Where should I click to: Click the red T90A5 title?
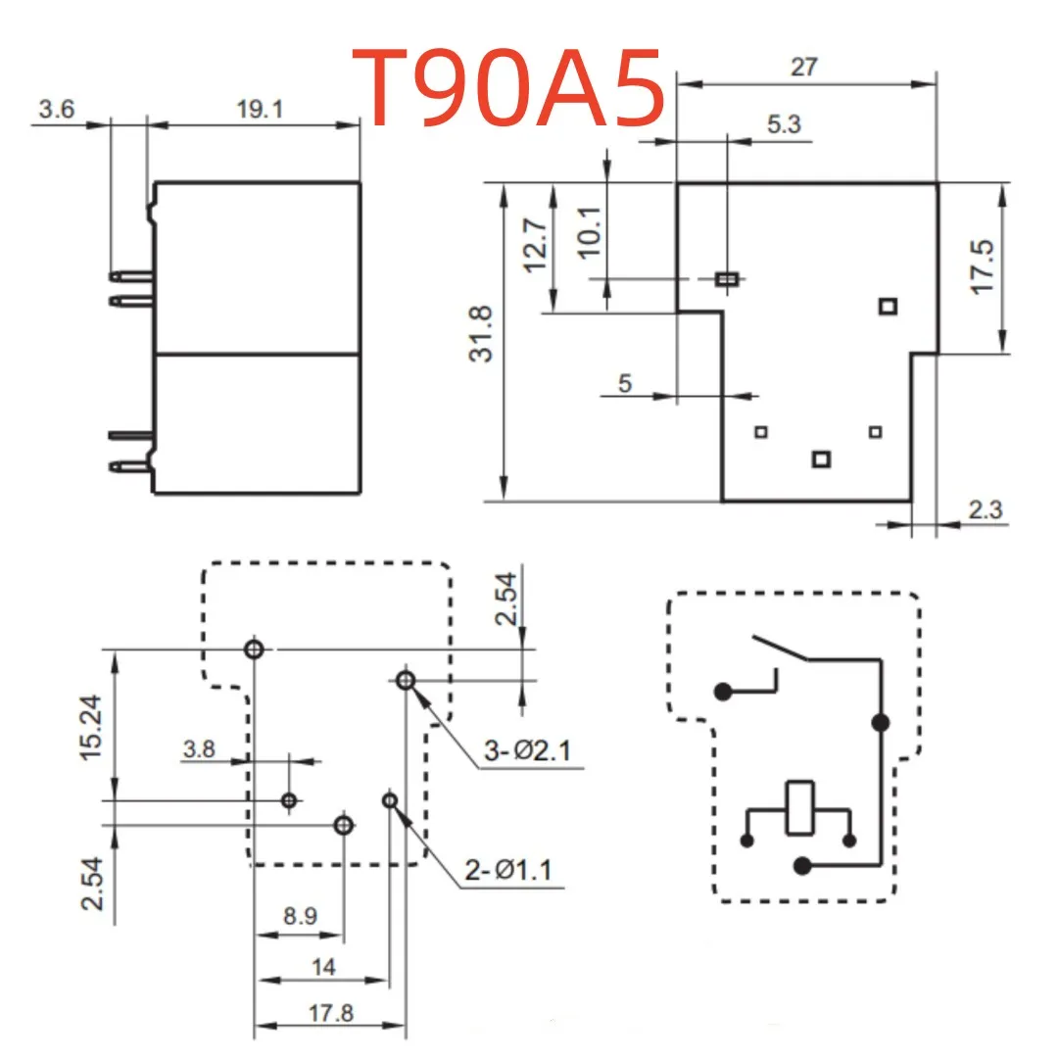click(x=508, y=88)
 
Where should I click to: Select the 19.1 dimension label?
click(x=260, y=109)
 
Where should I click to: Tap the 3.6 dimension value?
click(x=56, y=109)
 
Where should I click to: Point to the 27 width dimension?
click(x=803, y=67)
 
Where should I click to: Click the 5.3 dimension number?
click(x=784, y=124)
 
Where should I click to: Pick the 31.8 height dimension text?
click(x=481, y=334)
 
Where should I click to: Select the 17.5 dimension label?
click(x=983, y=266)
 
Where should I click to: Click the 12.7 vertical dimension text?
click(x=535, y=245)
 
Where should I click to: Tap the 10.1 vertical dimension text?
click(x=589, y=232)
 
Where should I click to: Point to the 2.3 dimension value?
click(x=986, y=509)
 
